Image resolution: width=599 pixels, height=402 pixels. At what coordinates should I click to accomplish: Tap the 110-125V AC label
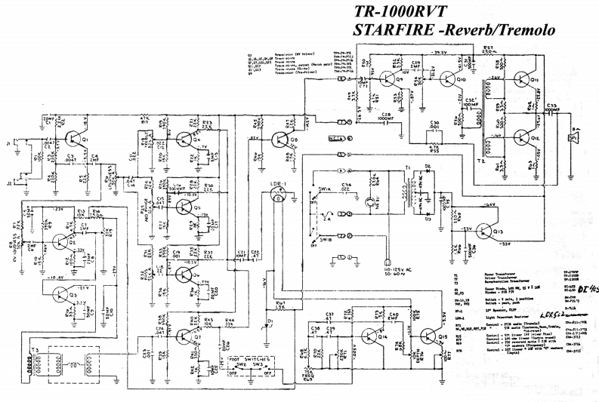click(397, 269)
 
